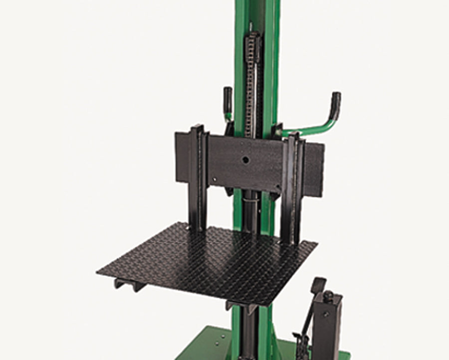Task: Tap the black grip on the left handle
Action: pyautogui.click(x=227, y=97)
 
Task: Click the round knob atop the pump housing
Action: pyautogui.click(x=329, y=296)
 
